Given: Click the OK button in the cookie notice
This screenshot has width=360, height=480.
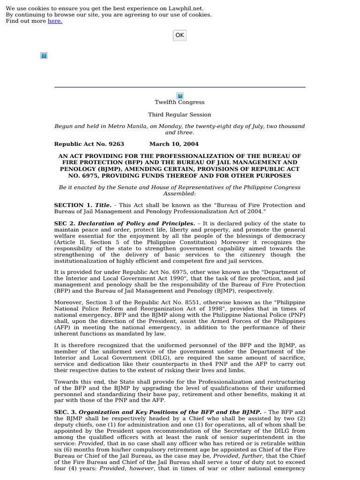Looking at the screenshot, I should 180,35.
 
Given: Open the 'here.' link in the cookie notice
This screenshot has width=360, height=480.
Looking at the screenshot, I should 55,21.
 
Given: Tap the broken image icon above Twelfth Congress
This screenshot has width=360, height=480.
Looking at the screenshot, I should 180,96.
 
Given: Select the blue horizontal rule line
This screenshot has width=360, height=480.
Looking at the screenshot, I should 180,87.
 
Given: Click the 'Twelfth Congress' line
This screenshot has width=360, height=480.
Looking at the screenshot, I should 180,102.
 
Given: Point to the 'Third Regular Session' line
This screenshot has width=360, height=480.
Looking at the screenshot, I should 180,114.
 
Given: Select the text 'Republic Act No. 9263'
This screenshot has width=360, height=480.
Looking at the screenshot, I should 89,144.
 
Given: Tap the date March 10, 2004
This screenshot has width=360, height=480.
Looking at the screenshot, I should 174,144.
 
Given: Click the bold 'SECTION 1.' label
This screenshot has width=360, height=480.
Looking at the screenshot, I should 73,205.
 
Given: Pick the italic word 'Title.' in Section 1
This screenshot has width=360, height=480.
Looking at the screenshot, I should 103,205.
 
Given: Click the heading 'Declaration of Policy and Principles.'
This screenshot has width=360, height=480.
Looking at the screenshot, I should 136,224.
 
